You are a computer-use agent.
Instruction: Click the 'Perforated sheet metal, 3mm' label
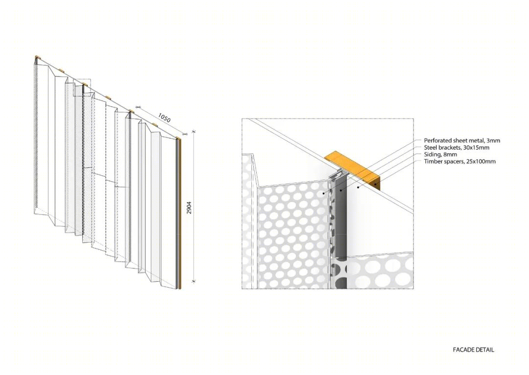click(x=462, y=141)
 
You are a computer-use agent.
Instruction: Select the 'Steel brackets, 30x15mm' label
click(x=457, y=147)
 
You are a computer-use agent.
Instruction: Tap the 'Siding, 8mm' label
click(x=441, y=155)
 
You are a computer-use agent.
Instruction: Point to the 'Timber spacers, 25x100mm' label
click(x=460, y=161)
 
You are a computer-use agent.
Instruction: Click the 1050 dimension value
click(x=164, y=118)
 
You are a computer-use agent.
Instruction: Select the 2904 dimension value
click(x=189, y=208)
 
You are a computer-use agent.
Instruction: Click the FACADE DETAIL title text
click(x=473, y=350)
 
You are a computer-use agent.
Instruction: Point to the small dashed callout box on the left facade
click(x=82, y=88)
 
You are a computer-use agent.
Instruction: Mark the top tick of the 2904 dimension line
click(x=193, y=131)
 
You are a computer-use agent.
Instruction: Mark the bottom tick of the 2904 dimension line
click(x=193, y=281)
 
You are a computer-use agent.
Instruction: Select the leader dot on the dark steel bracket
click(x=341, y=190)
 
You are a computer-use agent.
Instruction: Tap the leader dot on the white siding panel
click(x=358, y=187)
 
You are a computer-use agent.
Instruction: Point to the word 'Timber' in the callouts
click(x=433, y=161)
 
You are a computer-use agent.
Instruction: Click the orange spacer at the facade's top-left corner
click(x=38, y=57)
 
